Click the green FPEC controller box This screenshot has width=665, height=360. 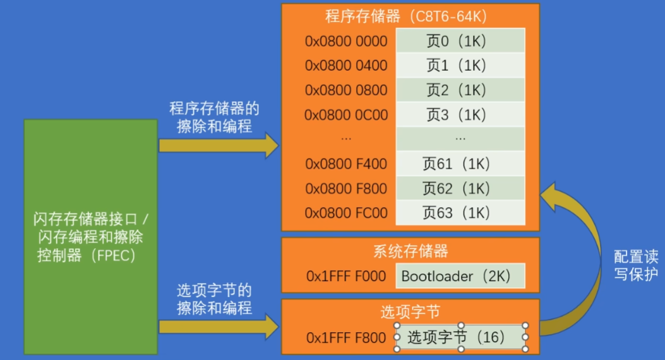(x=90, y=237)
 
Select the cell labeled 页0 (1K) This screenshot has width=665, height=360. (x=460, y=41)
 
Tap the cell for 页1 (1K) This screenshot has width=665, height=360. (x=460, y=65)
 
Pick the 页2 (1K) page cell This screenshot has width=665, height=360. (x=460, y=90)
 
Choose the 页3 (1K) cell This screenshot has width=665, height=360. (x=460, y=114)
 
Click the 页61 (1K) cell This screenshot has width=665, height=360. (x=460, y=164)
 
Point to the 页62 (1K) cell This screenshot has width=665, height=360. (x=460, y=188)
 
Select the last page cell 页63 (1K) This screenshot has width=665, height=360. (x=460, y=213)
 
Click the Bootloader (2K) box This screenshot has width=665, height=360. (x=460, y=276)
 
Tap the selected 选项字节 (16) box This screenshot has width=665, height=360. (x=460, y=337)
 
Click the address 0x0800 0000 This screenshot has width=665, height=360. (x=346, y=41)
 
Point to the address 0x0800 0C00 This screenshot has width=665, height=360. (x=346, y=115)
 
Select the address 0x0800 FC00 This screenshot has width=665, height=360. (x=346, y=213)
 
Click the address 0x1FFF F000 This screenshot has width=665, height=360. (x=346, y=276)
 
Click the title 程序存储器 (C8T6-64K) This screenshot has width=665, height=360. (x=410, y=15)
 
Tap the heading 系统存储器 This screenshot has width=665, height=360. (x=410, y=251)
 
